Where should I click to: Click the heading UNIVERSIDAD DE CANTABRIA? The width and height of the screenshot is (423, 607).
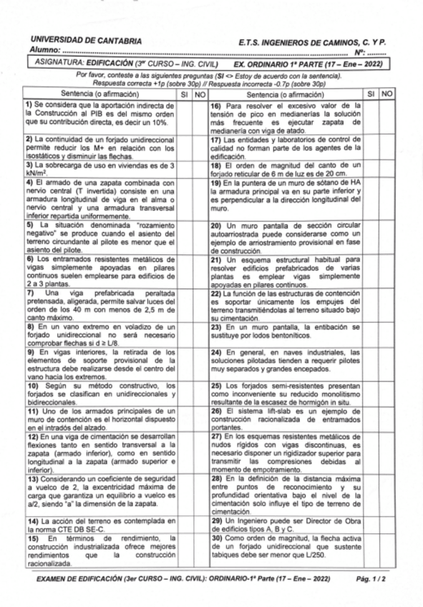(x=75, y=42)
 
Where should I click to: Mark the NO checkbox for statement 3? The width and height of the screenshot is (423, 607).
(x=200, y=168)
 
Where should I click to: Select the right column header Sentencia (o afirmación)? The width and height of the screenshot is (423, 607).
(x=287, y=94)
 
